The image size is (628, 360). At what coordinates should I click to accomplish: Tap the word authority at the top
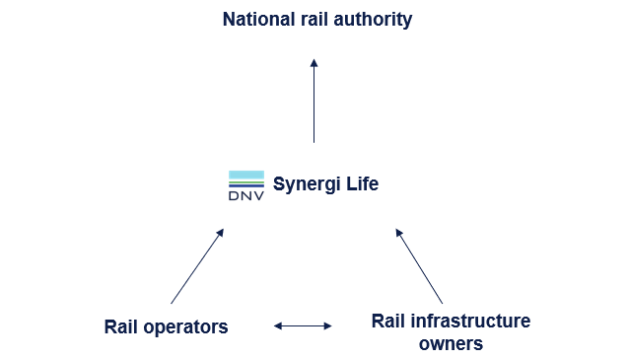[x=371, y=19]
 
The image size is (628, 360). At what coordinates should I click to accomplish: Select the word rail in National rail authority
[x=311, y=19]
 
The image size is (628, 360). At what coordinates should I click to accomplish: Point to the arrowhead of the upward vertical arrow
[x=314, y=63]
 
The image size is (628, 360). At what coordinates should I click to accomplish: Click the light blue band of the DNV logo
[x=245, y=175]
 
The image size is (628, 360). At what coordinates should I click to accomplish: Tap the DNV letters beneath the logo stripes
[x=245, y=195]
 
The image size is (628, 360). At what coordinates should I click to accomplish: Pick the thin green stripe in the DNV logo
[x=245, y=182]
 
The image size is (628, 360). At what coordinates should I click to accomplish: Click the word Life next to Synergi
[x=360, y=184]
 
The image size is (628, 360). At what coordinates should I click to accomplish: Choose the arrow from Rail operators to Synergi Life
[x=197, y=266]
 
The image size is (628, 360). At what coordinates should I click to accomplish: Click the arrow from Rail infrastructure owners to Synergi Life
[x=420, y=266]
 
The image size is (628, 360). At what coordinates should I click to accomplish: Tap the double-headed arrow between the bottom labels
[x=303, y=325]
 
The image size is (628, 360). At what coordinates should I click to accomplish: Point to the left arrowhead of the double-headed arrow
[x=278, y=325]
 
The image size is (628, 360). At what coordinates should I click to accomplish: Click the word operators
[x=186, y=326]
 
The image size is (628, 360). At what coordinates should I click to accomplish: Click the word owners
[x=451, y=343]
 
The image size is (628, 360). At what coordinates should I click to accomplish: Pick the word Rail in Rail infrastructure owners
[x=388, y=322]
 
